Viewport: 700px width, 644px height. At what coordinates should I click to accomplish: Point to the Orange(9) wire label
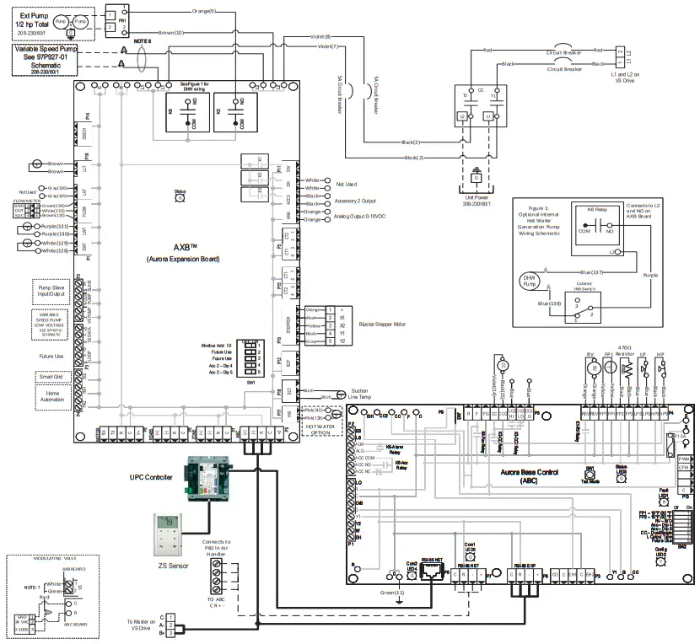203,10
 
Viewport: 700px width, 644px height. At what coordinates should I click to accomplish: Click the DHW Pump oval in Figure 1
530,282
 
